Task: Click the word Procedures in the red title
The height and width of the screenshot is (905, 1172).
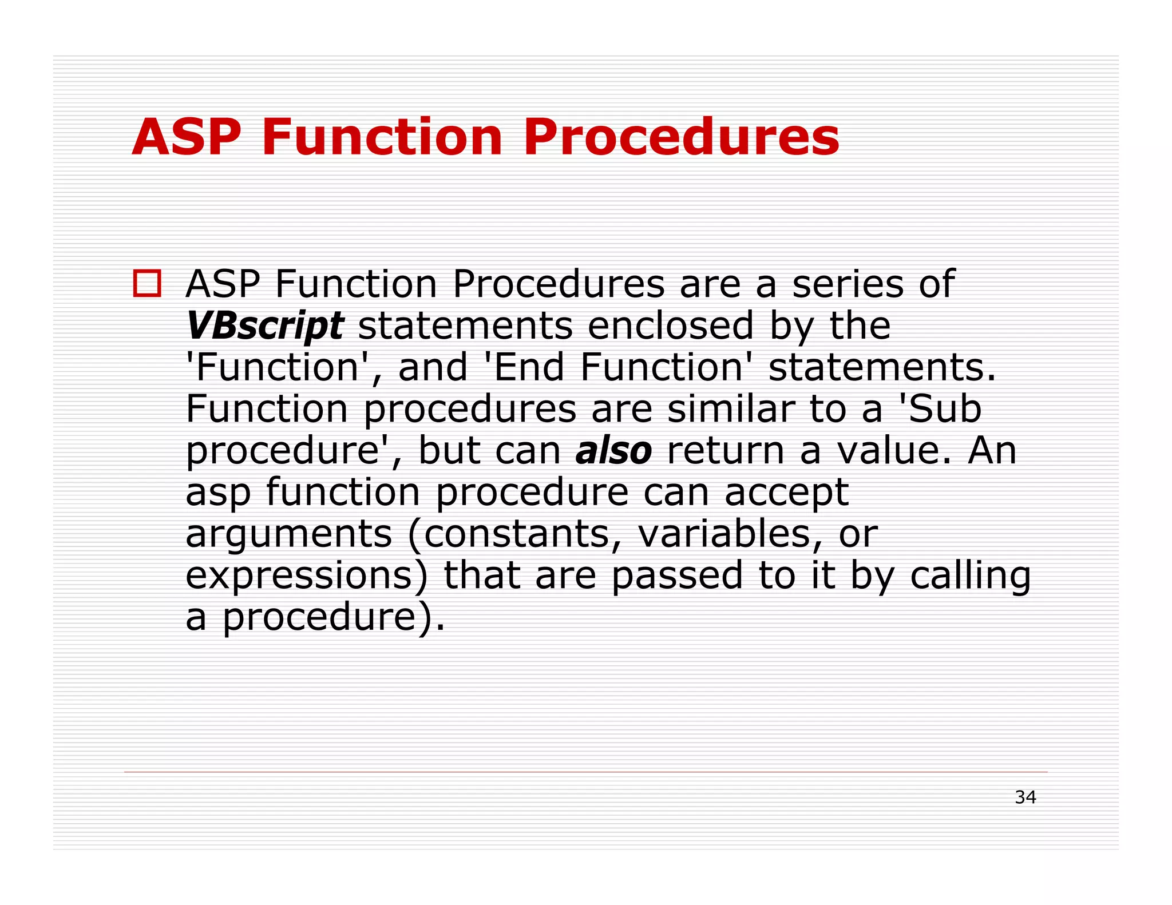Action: tap(681, 137)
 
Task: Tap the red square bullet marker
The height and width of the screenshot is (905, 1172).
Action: tap(147, 283)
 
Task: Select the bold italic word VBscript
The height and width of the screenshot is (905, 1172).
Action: tap(265, 326)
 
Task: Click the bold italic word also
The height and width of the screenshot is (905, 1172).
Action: tap(613, 451)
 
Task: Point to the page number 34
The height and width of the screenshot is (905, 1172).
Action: tap(1025, 797)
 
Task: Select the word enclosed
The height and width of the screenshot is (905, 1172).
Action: tap(671, 326)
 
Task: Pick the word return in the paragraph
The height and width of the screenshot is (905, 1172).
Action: tap(726, 451)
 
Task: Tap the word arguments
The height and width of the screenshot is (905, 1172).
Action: tap(289, 534)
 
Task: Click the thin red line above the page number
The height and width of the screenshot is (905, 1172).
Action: tap(585, 772)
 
